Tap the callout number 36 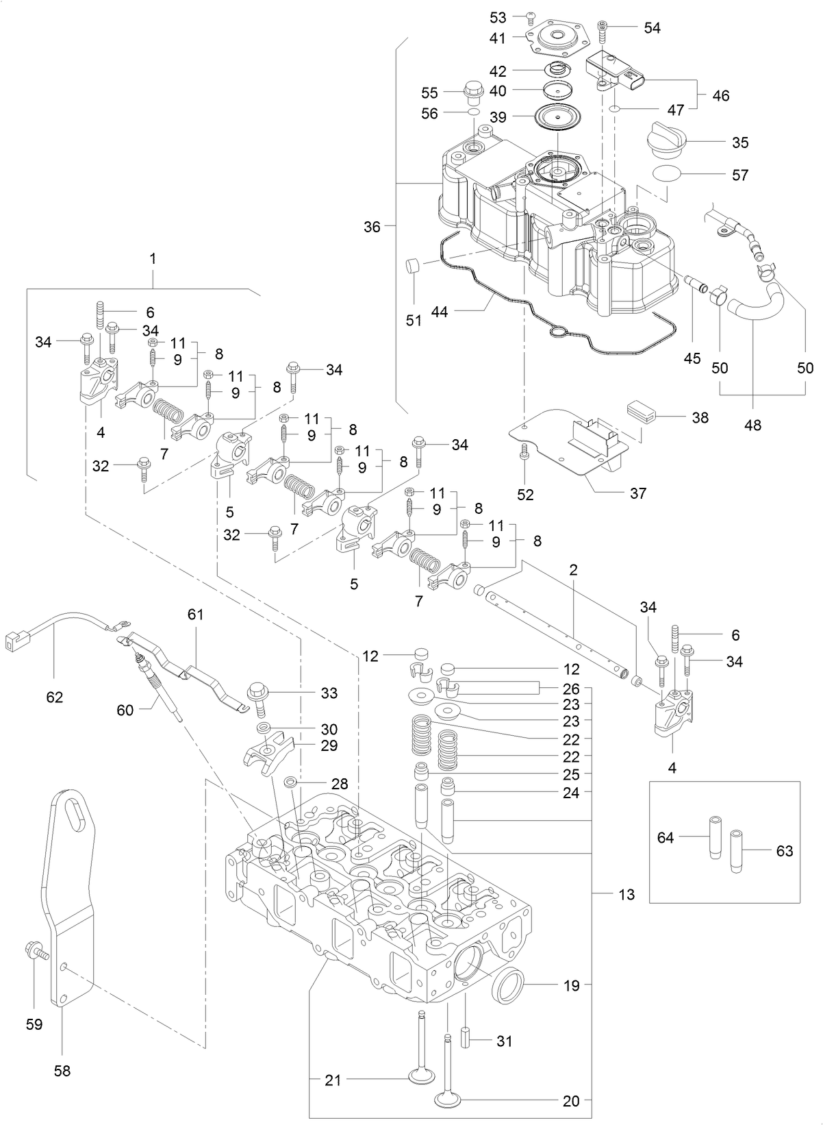372,227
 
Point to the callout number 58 62,1070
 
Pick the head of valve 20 448,1100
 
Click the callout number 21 333,1080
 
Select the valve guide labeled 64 714,837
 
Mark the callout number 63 785,851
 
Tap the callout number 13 626,895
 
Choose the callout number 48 752,425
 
